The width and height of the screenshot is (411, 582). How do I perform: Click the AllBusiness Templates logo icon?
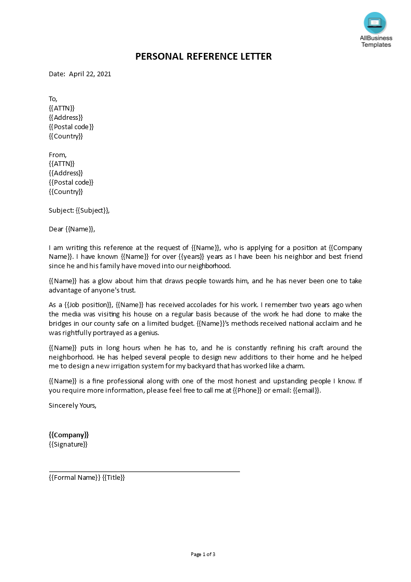click(x=375, y=23)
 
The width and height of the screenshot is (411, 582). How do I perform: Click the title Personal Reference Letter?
click(x=204, y=57)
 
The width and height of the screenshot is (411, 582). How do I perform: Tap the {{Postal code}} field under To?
click(x=72, y=127)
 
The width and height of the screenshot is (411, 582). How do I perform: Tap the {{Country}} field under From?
click(x=66, y=192)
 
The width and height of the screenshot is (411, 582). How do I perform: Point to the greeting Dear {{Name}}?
click(x=72, y=229)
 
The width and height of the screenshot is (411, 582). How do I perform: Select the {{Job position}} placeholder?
click(x=87, y=305)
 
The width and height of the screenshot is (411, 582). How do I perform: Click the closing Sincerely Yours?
click(x=73, y=406)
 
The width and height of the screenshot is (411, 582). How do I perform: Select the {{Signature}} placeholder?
click(x=68, y=445)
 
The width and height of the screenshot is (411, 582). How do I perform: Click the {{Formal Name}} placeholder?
click(x=74, y=478)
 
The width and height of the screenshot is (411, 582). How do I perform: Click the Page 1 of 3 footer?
click(x=203, y=555)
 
